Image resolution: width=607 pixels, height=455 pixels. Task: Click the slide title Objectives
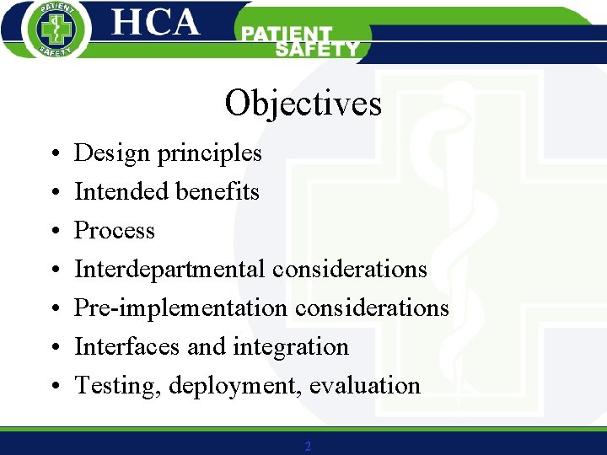[303, 104]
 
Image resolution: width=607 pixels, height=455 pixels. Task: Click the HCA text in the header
[156, 23]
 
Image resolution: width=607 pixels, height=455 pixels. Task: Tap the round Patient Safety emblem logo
[52, 29]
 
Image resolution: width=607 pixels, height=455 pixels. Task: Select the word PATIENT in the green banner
[286, 34]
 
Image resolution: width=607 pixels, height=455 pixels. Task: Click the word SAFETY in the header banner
[317, 50]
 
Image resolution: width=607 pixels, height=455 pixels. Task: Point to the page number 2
[308, 447]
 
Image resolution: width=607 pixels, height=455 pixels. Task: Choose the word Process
[115, 230]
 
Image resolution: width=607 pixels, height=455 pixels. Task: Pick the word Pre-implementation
[180, 308]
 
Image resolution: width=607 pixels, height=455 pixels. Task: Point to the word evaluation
[364, 385]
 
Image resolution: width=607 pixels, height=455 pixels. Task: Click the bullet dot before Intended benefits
[53, 193]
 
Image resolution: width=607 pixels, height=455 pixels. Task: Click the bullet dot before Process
[53, 232]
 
